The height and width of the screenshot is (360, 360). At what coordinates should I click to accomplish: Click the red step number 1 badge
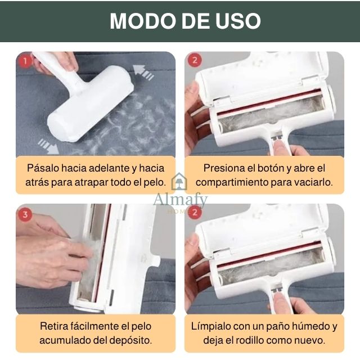25,60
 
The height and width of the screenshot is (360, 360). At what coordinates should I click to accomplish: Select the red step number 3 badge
25,214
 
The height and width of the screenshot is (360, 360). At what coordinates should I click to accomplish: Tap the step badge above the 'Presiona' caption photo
194,60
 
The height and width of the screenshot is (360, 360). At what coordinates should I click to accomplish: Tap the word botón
271,168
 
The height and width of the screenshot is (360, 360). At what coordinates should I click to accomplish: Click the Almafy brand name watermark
180,200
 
